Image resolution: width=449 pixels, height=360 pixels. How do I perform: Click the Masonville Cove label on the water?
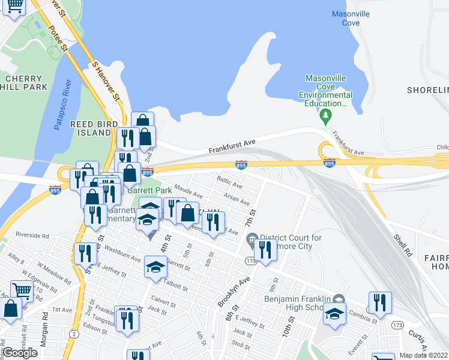[351, 18]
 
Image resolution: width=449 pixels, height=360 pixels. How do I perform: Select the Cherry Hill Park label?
[24, 83]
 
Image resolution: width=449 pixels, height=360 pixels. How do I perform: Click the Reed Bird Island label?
[91, 128]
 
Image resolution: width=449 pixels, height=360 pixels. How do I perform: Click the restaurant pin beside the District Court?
[265, 250]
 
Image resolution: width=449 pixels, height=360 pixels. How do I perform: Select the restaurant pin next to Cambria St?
[380, 302]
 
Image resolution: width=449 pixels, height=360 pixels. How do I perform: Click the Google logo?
[20, 353]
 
